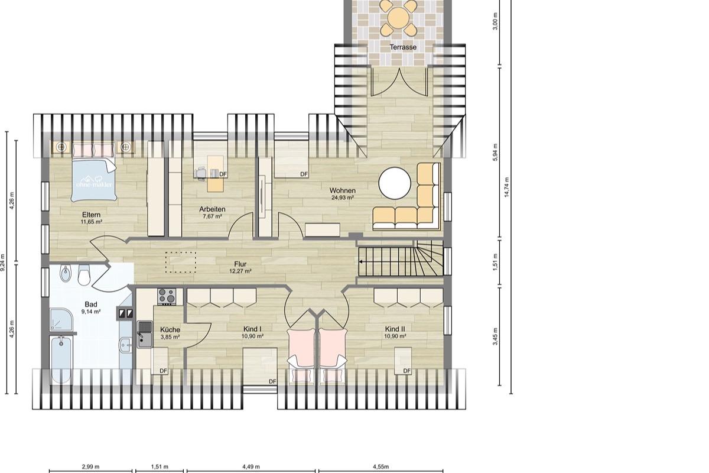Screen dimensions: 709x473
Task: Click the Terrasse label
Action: [x=403, y=47]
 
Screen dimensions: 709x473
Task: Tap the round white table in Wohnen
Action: [x=395, y=183]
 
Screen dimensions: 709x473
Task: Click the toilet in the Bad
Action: [x=84, y=275]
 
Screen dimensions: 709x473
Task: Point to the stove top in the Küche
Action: [x=167, y=296]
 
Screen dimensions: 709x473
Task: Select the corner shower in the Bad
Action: [x=61, y=319]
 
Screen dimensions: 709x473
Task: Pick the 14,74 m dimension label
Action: [x=506, y=187]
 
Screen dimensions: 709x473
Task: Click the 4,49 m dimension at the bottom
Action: [x=251, y=466]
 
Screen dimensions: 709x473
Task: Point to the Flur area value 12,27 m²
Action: [x=240, y=271]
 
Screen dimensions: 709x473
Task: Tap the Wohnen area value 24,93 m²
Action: [x=343, y=197]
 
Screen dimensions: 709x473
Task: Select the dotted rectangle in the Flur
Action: [x=181, y=263]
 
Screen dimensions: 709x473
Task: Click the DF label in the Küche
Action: [x=163, y=371]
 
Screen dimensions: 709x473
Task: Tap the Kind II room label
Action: [x=395, y=329]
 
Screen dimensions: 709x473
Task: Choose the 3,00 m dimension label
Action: [x=495, y=21]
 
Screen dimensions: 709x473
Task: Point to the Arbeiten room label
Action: [x=212, y=209]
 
